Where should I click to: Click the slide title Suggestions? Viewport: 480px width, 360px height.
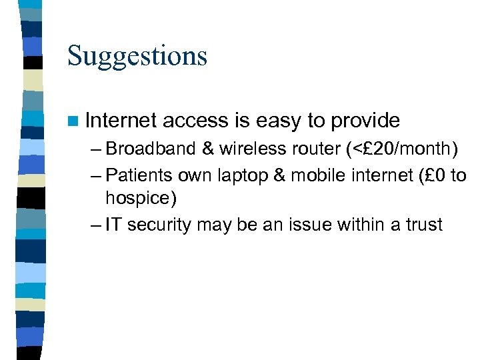[x=137, y=57]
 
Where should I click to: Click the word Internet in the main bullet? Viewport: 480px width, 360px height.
[x=121, y=121]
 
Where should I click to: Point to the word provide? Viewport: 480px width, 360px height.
[x=365, y=121]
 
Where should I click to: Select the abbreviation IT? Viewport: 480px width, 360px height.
[x=113, y=225]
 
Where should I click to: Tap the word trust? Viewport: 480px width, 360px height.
[x=423, y=225]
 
